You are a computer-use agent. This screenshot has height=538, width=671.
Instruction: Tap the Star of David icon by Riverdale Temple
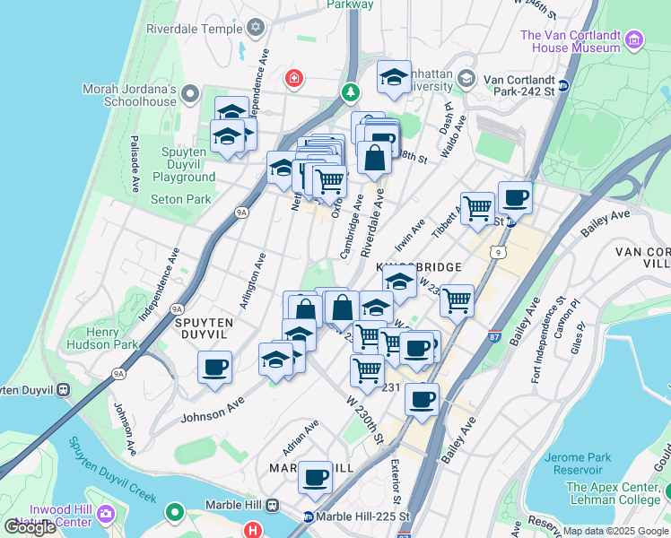[256, 28]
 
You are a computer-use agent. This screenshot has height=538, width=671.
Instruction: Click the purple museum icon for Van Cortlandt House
[634, 39]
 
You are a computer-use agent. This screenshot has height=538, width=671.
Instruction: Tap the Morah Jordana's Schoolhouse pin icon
[190, 92]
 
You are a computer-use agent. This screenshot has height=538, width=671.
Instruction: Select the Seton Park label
[180, 199]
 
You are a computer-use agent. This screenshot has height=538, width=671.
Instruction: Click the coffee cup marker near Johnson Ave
[215, 368]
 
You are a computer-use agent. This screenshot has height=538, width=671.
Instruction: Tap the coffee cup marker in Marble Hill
[314, 478]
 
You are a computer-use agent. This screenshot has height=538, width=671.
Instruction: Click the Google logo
[30, 527]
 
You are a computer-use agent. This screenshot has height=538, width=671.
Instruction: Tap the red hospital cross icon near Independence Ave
[292, 79]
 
